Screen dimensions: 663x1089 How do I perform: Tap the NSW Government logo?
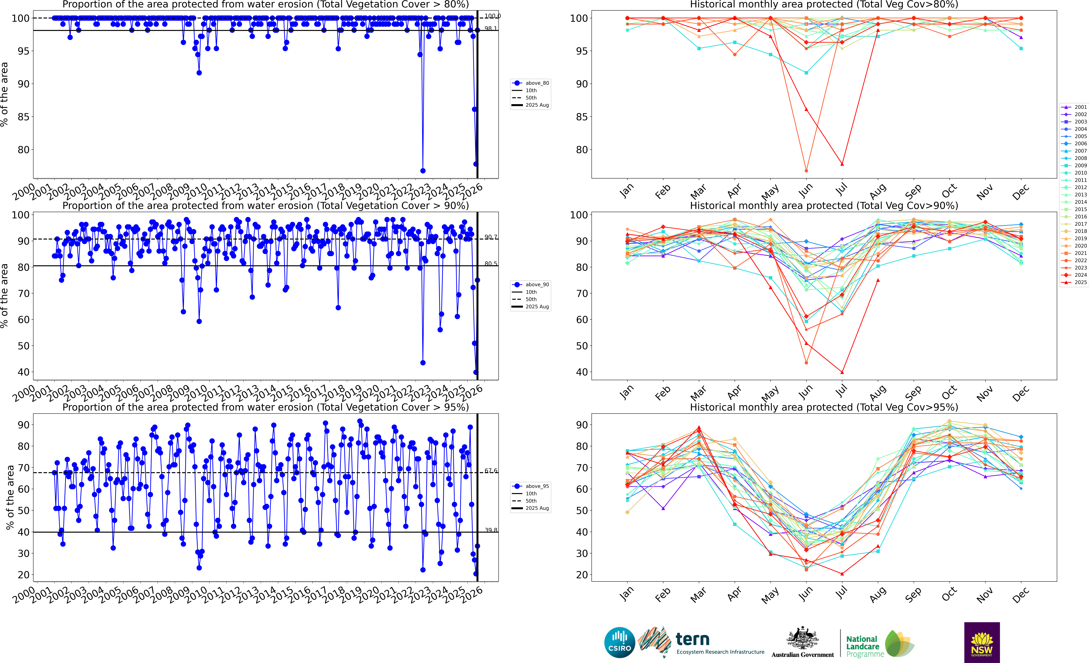pyautogui.click(x=982, y=642)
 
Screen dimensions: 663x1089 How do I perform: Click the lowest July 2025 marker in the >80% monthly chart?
pyautogui.click(x=842, y=164)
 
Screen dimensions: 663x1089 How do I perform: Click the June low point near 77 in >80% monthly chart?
pyautogui.click(x=806, y=171)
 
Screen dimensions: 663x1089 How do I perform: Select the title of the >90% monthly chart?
pyautogui.click(x=824, y=206)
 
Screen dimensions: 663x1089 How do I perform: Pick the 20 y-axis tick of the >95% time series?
pyautogui.click(x=24, y=575)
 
